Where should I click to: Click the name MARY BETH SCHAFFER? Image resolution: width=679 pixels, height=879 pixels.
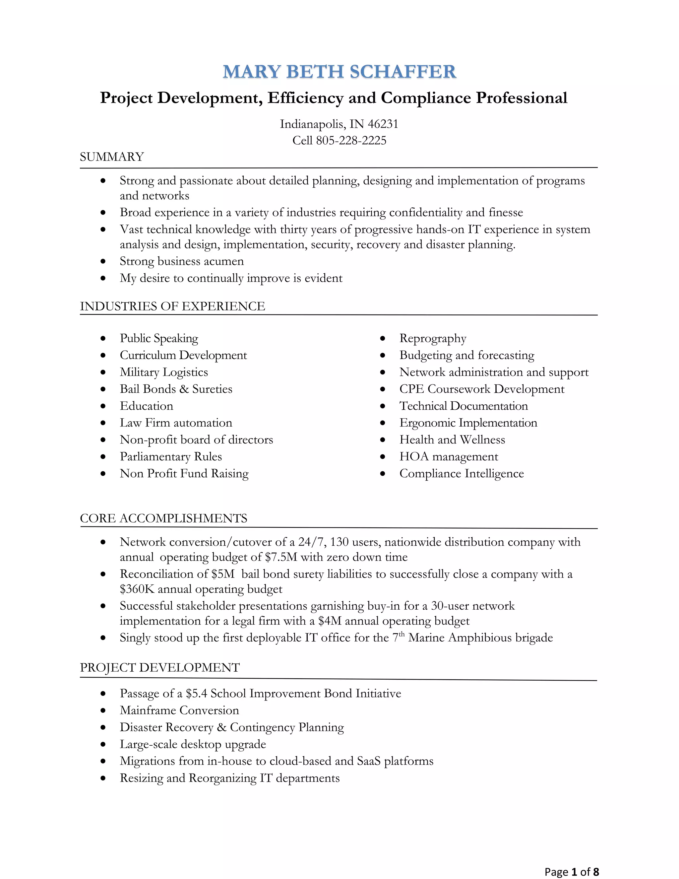[339, 72]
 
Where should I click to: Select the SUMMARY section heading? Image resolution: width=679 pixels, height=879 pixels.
[112, 157]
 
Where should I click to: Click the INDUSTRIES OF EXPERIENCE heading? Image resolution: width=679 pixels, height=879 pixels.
[172, 306]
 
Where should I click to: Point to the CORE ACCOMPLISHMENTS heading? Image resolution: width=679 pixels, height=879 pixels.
[163, 518]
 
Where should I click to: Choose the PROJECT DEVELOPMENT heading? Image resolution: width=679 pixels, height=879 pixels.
[160, 668]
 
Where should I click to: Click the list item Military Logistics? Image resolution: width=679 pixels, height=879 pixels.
[164, 372]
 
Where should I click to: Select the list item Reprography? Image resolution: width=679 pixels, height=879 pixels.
[432, 338]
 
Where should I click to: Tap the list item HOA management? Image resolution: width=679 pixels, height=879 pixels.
[449, 457]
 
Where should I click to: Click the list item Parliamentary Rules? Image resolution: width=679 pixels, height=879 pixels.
[170, 457]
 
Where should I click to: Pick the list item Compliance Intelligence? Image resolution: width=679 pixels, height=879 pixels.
[462, 474]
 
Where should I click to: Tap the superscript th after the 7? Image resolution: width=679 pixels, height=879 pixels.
[401, 634]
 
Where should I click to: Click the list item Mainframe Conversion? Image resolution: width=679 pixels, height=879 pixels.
[179, 710]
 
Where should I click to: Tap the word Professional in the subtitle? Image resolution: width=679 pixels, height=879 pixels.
[521, 98]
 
